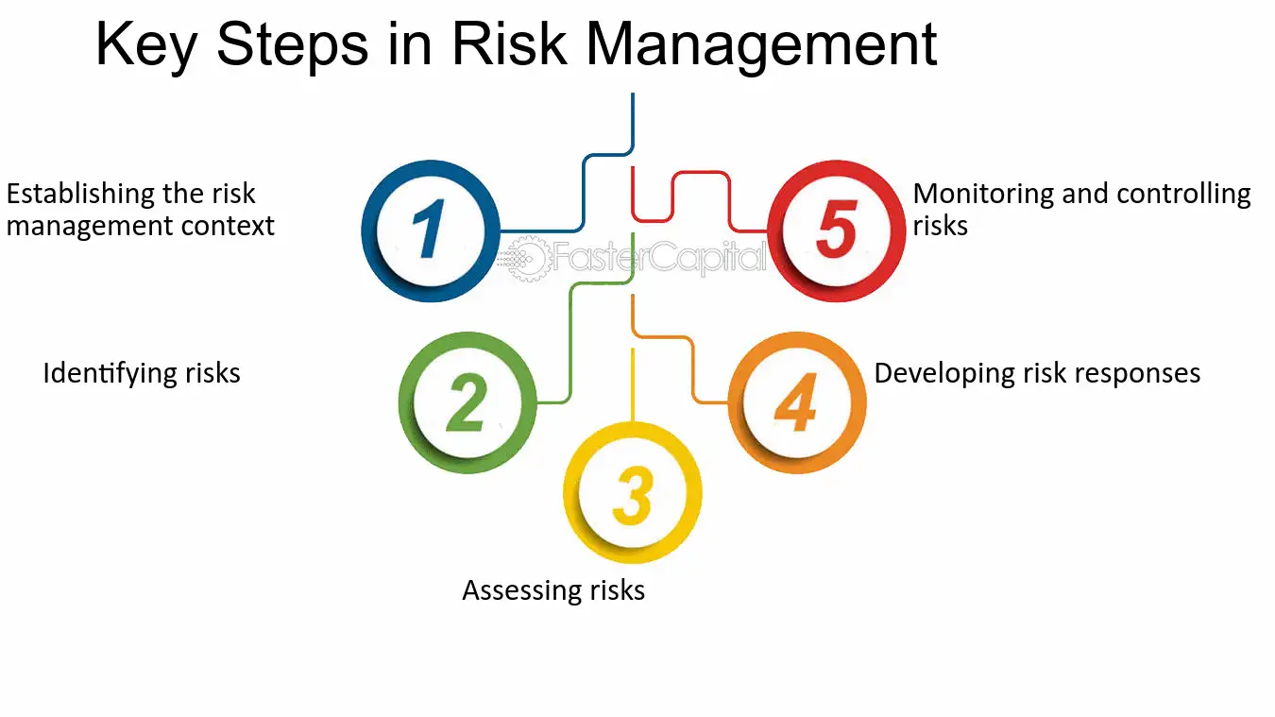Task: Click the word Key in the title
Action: tap(146, 45)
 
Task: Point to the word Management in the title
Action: tap(761, 45)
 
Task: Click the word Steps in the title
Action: tap(292, 45)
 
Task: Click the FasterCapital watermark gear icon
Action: tap(528, 258)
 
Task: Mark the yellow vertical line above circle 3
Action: tap(633, 385)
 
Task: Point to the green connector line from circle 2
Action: tap(570, 342)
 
